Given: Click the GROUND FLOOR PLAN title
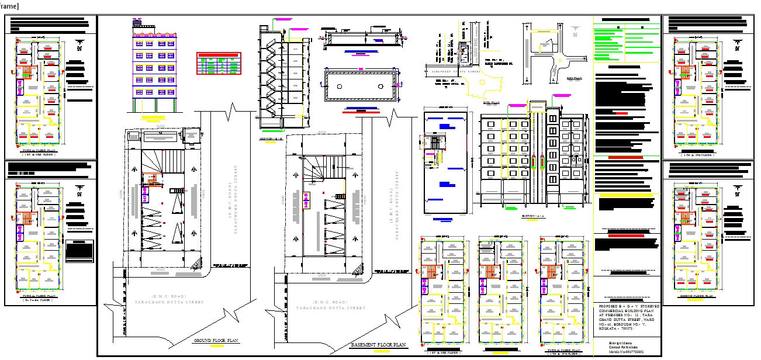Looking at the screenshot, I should click(x=216, y=340).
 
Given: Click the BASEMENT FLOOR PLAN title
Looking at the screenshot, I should click(x=378, y=345).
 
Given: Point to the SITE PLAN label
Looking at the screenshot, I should click(x=490, y=102).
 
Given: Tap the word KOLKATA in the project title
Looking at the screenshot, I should click(x=609, y=329).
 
